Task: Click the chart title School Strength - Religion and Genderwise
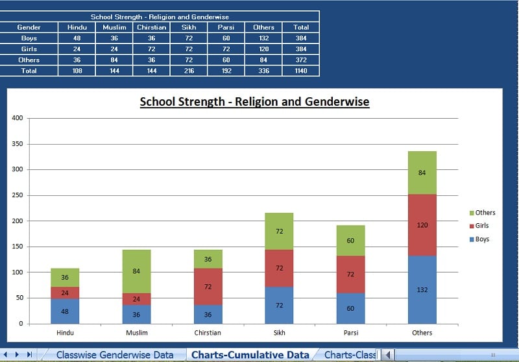254,102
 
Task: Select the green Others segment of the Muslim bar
136,271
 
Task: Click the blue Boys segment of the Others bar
422,289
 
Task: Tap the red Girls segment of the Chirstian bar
208,286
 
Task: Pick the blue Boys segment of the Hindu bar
65,311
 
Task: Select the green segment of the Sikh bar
279,231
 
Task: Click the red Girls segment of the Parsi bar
350,274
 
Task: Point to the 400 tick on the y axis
18,118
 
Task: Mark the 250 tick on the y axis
18,195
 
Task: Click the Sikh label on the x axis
279,333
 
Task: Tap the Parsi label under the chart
350,333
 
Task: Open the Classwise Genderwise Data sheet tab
115,355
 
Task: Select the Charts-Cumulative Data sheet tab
250,355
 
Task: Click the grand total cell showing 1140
301,70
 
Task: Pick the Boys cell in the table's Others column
263,38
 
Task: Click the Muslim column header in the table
114,27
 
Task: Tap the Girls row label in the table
29,49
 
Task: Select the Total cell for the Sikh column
189,70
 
